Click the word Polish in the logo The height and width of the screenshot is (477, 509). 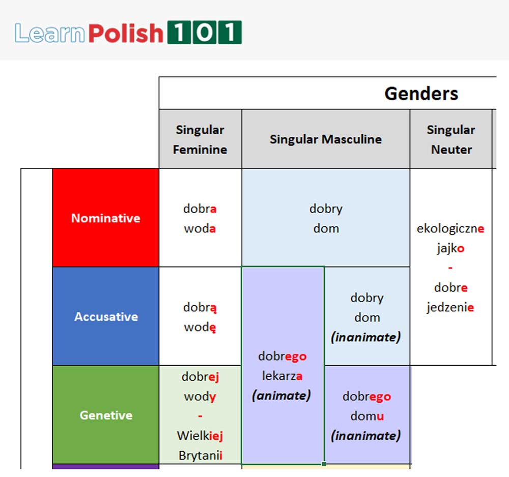(125, 33)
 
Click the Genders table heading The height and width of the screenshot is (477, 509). (421, 93)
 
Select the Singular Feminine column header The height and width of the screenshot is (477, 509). (200, 139)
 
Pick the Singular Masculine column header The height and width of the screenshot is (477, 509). (326, 139)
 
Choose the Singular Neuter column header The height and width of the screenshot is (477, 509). (451, 139)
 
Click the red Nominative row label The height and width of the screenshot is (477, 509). (106, 218)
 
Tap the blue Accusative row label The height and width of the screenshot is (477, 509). (106, 317)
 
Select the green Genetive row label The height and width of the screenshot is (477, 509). (106, 415)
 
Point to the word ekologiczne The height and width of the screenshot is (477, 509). (450, 229)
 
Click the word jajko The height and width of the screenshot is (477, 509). (450, 249)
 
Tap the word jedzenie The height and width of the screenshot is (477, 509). (450, 308)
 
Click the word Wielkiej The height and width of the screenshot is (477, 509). (200, 436)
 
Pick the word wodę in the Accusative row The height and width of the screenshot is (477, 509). (200, 327)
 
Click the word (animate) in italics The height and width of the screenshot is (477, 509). (281, 396)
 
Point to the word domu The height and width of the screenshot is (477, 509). (366, 416)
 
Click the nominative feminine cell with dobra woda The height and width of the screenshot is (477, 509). (200, 219)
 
